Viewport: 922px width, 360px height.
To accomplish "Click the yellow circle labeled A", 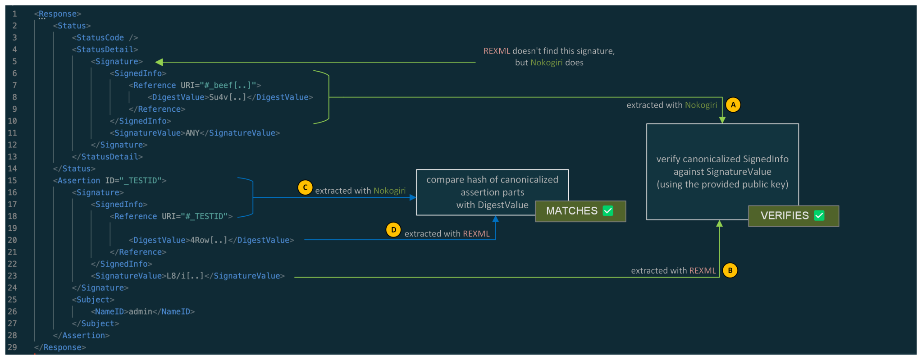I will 733,105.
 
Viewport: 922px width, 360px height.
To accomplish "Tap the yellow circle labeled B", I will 730,270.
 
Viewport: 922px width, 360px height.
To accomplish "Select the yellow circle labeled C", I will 305,187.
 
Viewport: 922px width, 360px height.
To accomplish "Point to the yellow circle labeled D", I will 393,230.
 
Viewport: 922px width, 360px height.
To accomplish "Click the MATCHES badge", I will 580,211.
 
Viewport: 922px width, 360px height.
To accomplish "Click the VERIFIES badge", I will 793,216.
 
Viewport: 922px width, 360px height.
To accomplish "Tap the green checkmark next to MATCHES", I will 608,211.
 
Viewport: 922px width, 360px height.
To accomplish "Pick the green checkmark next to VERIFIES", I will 819,216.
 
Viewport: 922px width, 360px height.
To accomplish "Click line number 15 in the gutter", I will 12,181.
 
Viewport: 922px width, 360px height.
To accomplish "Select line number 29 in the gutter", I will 12,347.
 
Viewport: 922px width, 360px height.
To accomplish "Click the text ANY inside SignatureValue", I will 192,133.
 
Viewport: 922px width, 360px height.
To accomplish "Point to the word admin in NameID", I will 140,312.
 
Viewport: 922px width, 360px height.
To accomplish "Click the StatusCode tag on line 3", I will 100,38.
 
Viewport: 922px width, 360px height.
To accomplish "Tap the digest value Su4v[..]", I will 228,97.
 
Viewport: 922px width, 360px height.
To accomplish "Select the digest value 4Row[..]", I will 209,240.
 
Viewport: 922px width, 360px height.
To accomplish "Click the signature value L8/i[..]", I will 185,276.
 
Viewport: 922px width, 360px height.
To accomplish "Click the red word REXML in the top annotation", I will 497,51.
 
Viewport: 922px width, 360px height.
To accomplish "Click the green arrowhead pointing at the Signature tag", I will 159,62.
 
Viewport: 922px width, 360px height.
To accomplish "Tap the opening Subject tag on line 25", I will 93,300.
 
